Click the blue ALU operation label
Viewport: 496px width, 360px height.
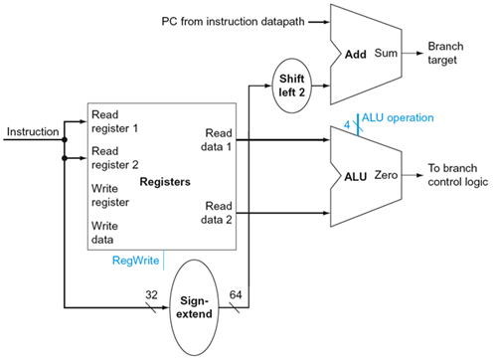tap(398, 116)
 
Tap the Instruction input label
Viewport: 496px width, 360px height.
tap(32, 130)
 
